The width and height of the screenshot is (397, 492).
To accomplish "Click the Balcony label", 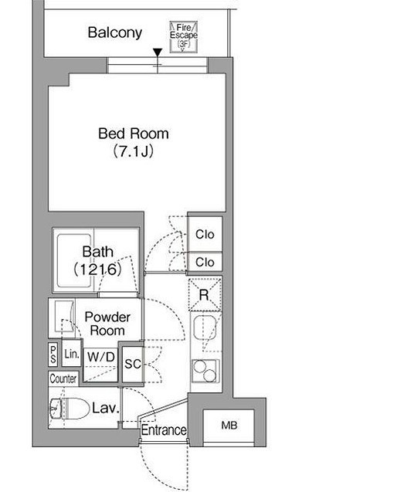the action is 115,32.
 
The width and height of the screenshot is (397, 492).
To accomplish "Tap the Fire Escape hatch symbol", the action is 184,36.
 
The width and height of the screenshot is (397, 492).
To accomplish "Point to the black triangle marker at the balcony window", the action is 158,53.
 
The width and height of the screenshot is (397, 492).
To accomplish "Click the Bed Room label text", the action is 134,134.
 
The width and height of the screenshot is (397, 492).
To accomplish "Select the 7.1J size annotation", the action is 134,151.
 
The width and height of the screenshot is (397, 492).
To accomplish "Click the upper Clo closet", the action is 205,234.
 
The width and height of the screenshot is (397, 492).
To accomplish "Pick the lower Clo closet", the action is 205,262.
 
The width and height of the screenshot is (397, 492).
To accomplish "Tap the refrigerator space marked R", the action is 205,294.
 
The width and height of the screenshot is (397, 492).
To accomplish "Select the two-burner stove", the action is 205,371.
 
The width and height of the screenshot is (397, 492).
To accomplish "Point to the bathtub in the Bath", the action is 74,261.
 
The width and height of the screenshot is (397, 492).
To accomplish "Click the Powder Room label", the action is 107,324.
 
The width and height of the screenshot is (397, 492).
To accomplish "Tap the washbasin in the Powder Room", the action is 64,316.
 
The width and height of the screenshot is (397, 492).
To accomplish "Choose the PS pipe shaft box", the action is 53,354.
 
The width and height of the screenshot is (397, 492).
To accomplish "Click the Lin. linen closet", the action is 72,354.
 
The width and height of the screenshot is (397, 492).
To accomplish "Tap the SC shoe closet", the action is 133,364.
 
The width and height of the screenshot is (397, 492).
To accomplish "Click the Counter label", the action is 63,378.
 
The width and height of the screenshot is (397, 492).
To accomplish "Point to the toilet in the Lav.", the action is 69,409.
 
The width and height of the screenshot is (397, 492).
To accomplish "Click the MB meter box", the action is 229,426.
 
